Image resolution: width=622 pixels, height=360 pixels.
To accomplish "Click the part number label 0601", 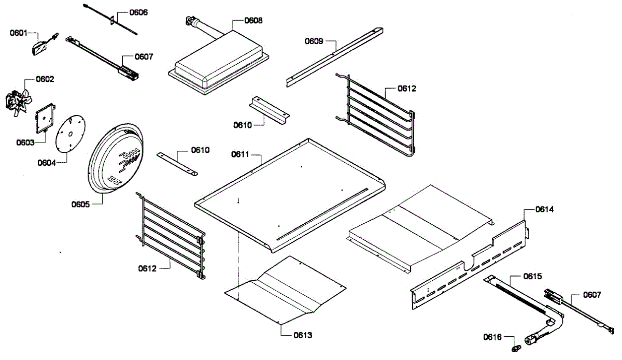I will point(18,33).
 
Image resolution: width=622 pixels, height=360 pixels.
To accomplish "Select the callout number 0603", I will point(25,142).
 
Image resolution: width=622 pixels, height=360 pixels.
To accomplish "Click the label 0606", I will point(137,12).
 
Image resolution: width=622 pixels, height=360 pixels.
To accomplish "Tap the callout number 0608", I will point(253,21).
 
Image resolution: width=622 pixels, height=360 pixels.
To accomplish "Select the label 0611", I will point(241,154).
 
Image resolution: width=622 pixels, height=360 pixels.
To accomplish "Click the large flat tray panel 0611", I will point(290,192).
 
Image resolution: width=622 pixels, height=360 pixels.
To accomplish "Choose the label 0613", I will point(303,335).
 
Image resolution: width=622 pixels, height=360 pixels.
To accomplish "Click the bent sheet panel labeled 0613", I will point(285,290).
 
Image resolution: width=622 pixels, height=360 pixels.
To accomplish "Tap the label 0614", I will point(544,210).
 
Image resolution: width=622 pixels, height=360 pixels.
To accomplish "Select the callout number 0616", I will point(492,337).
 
